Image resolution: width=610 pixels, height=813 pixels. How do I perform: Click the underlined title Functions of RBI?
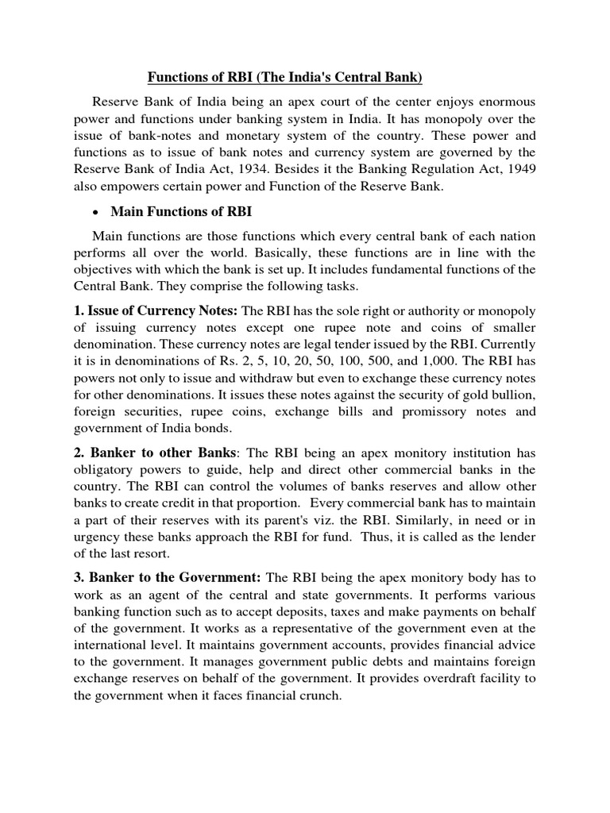pos(284,77)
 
